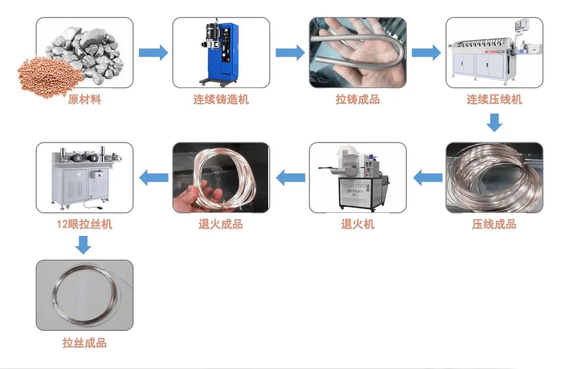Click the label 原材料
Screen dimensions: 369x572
(85, 100)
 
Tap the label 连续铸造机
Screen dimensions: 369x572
(221, 100)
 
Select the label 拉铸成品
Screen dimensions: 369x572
(358, 100)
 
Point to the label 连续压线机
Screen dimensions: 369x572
(494, 100)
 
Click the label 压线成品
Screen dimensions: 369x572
(494, 225)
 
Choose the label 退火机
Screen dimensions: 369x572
(358, 225)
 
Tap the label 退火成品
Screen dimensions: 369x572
(221, 225)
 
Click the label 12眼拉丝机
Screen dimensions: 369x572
(85, 225)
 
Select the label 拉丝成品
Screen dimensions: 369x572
(85, 343)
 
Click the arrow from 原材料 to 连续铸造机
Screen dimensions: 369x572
(153, 53)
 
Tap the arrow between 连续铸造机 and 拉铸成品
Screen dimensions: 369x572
(290, 53)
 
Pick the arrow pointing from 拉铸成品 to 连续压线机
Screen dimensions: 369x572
(426, 53)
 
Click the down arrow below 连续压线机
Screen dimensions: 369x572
(494, 123)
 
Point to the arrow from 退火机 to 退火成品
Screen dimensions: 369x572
(290, 178)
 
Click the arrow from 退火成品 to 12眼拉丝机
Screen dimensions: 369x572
(153, 178)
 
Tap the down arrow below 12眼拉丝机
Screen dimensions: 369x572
(84, 245)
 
